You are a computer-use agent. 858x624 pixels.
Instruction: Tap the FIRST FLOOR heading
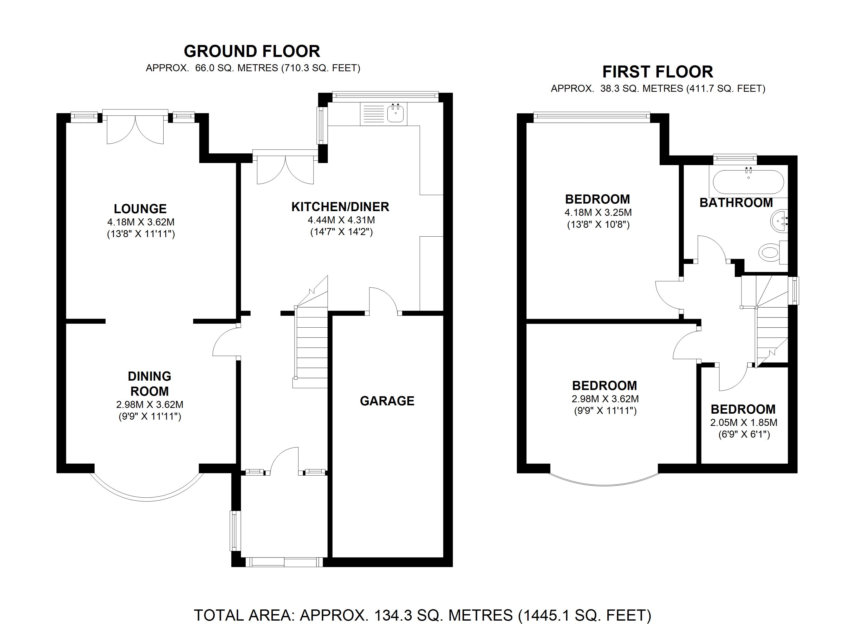[x=658, y=72]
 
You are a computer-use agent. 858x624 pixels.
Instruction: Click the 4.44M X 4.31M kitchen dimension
[x=341, y=220]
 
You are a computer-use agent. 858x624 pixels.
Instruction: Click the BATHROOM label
[x=736, y=203]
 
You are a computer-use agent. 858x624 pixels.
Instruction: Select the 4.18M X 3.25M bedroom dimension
[x=598, y=213]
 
